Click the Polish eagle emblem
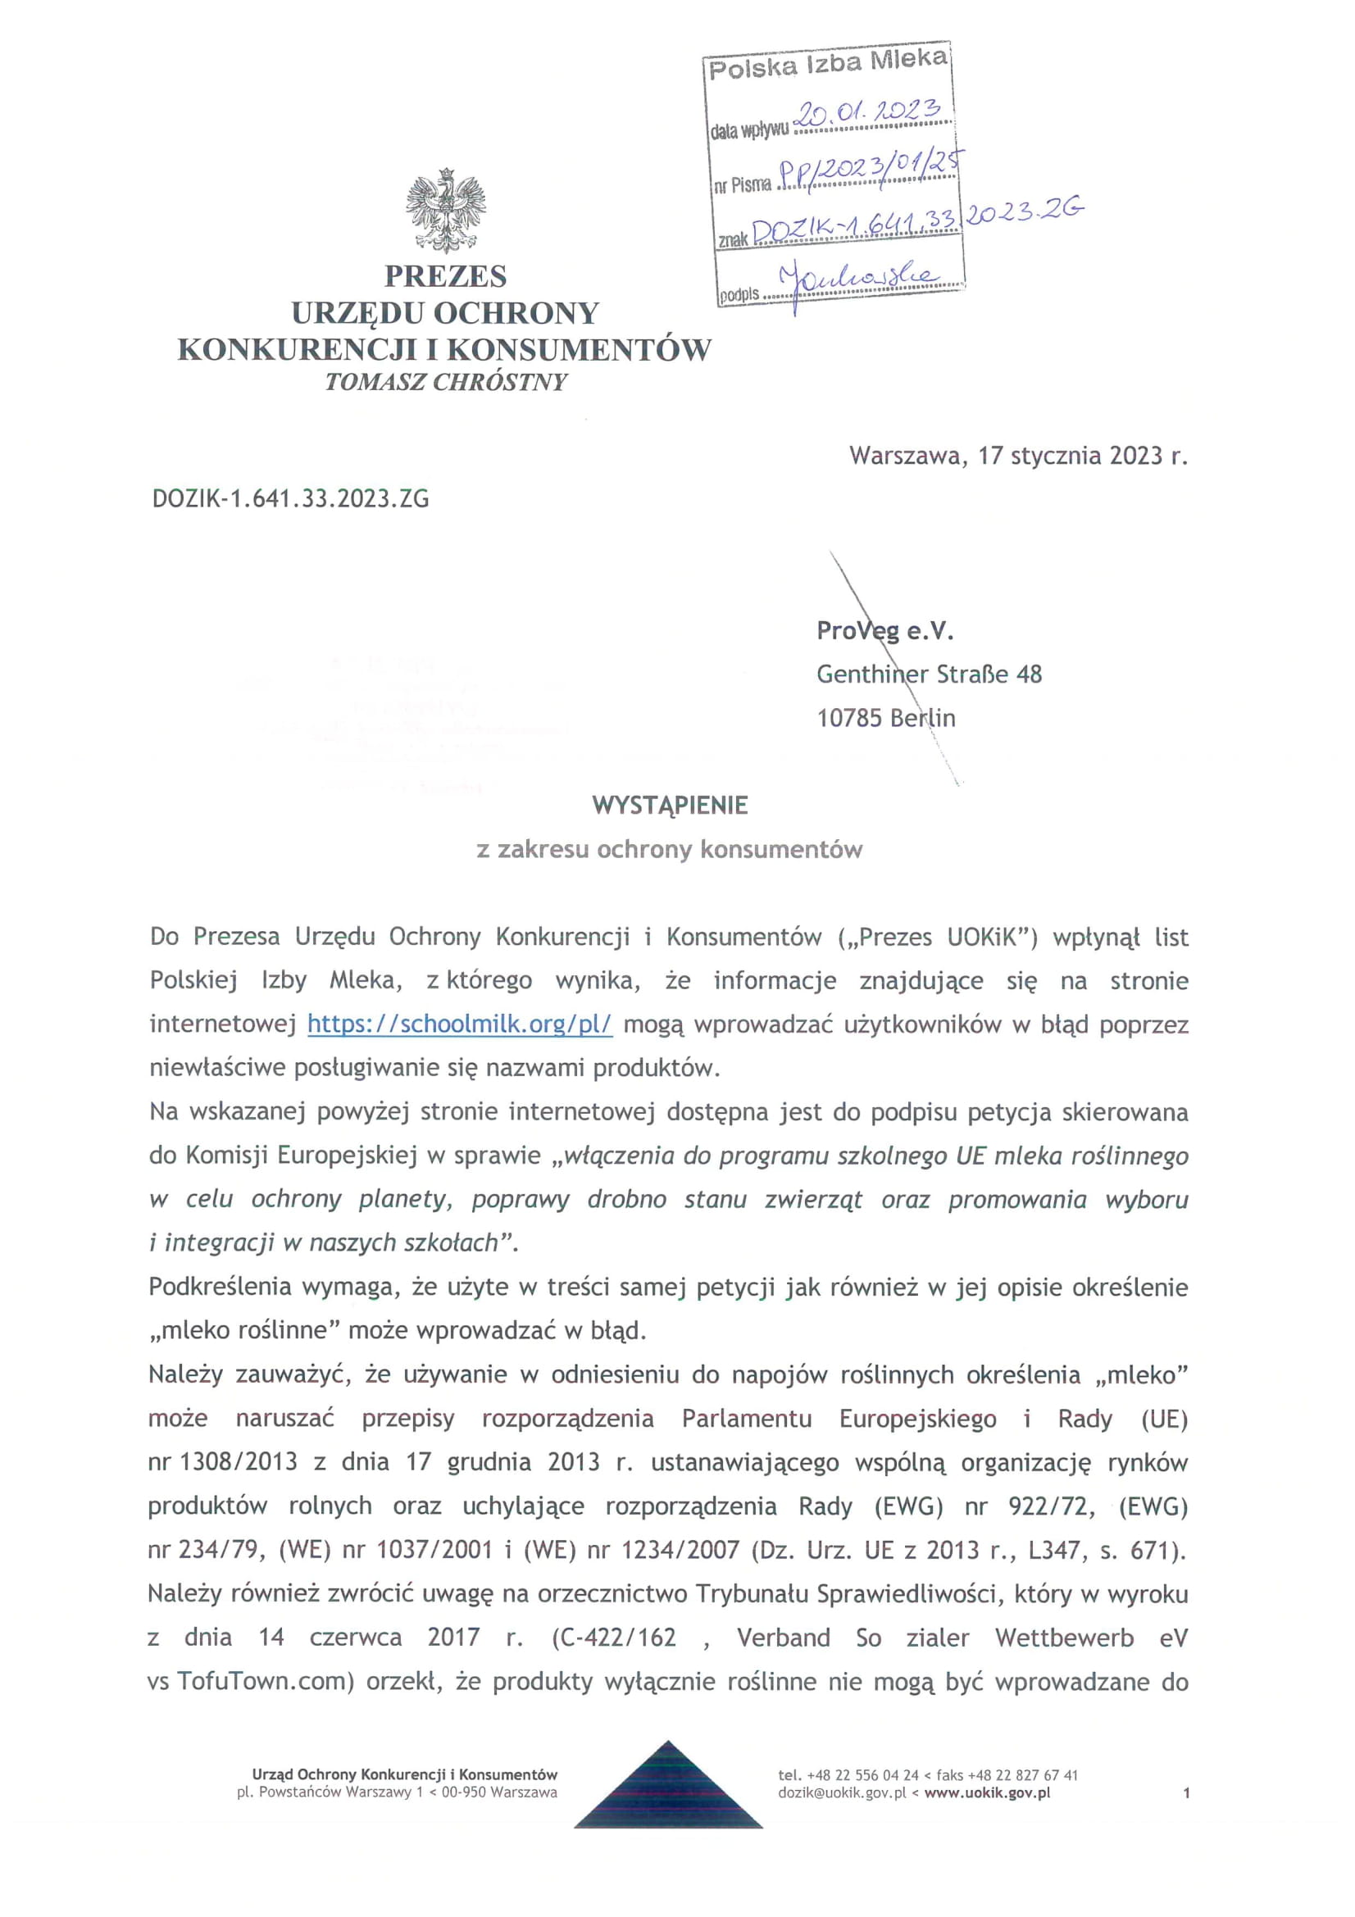pyautogui.click(x=446, y=211)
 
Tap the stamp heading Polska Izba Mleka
pyautogui.click(x=827, y=63)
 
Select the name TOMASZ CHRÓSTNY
pyautogui.click(x=446, y=383)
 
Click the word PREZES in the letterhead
pyautogui.click(x=446, y=276)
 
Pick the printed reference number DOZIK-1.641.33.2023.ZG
pyautogui.click(x=290, y=499)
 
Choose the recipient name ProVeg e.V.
pyautogui.click(x=885, y=631)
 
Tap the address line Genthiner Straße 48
pyautogui.click(x=929, y=675)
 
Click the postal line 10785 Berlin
pyautogui.click(x=886, y=718)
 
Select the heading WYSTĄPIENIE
pyautogui.click(x=670, y=806)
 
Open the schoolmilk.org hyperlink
pyautogui.click(x=460, y=1024)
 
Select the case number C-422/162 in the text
pyautogui.click(x=614, y=1638)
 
